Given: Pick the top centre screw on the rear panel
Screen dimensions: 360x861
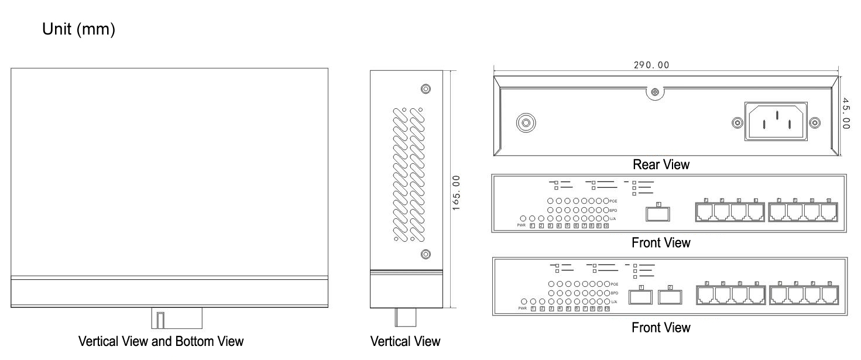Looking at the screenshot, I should pyautogui.click(x=655, y=92).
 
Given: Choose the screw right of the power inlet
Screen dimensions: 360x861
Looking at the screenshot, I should pyautogui.click(x=814, y=123).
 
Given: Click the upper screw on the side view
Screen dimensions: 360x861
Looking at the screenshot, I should pyautogui.click(x=426, y=89).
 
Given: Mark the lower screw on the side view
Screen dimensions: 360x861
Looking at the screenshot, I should pyautogui.click(x=426, y=254).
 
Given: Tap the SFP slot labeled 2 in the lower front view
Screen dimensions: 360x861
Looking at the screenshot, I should pyautogui.click(x=670, y=297).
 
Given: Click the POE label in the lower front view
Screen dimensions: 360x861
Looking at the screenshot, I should pyautogui.click(x=614, y=283).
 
